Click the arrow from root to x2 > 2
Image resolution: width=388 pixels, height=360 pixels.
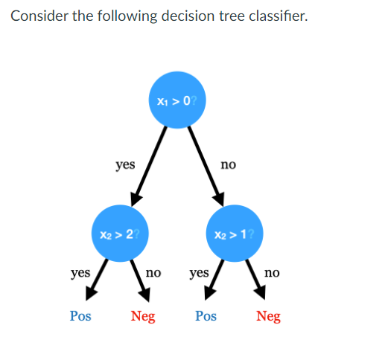click(148, 165)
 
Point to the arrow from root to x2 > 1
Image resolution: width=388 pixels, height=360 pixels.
click(205, 165)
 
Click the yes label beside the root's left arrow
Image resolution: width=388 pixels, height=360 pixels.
click(125, 164)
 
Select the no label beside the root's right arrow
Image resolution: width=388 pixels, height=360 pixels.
click(228, 164)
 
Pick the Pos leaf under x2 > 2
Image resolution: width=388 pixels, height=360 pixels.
click(80, 316)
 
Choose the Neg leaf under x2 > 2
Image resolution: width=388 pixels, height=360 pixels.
click(143, 316)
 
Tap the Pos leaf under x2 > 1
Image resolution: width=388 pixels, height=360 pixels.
click(206, 316)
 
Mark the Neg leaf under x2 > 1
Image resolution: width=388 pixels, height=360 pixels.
click(268, 316)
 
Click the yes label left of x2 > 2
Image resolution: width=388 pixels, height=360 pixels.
click(80, 273)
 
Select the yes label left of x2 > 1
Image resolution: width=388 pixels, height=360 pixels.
click(199, 273)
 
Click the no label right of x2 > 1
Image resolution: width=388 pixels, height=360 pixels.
click(272, 273)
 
